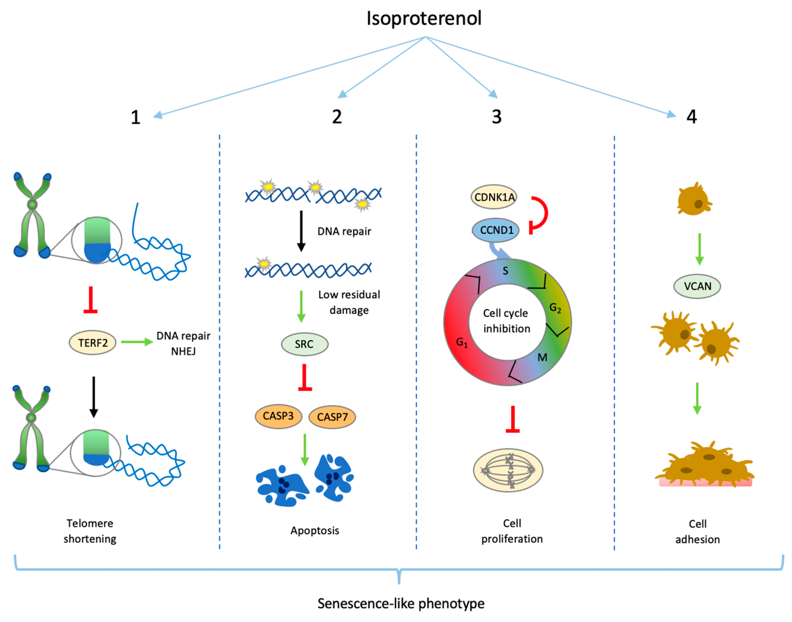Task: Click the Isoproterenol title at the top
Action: click(x=424, y=18)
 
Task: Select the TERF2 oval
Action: click(x=93, y=342)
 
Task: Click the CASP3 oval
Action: click(x=278, y=416)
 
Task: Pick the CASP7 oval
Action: click(x=332, y=417)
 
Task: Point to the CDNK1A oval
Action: click(x=494, y=197)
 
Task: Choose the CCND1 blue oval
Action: click(x=496, y=230)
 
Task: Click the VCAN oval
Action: click(x=697, y=286)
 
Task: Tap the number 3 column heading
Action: click(x=497, y=117)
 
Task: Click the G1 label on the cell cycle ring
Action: click(x=461, y=342)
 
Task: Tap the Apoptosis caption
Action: click(x=315, y=531)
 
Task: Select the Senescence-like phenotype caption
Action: click(x=401, y=603)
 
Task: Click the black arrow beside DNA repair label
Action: click(x=301, y=231)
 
